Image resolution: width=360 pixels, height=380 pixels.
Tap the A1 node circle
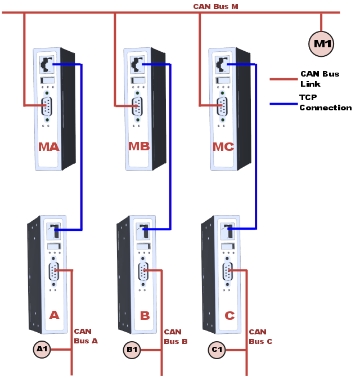coord(42,350)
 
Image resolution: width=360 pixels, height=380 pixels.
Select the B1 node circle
coord(132,350)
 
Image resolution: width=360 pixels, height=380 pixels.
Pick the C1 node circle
coord(217,350)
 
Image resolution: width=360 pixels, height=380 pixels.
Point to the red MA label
coord(48,147)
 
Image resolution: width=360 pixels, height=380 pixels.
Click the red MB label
coord(139,147)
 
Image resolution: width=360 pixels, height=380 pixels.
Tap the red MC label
coord(223,147)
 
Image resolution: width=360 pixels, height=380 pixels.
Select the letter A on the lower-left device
coord(54,315)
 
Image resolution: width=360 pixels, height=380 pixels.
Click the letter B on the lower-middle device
coord(145,315)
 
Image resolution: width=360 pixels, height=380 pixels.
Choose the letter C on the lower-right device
coord(229,315)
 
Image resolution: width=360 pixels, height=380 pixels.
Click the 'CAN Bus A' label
coord(85,336)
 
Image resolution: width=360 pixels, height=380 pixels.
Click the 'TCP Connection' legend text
coord(325,102)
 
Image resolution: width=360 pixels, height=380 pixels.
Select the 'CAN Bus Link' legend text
coord(319,79)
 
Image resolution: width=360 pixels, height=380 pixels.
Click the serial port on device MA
coord(47,105)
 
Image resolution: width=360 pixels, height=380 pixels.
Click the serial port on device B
coord(143,271)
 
